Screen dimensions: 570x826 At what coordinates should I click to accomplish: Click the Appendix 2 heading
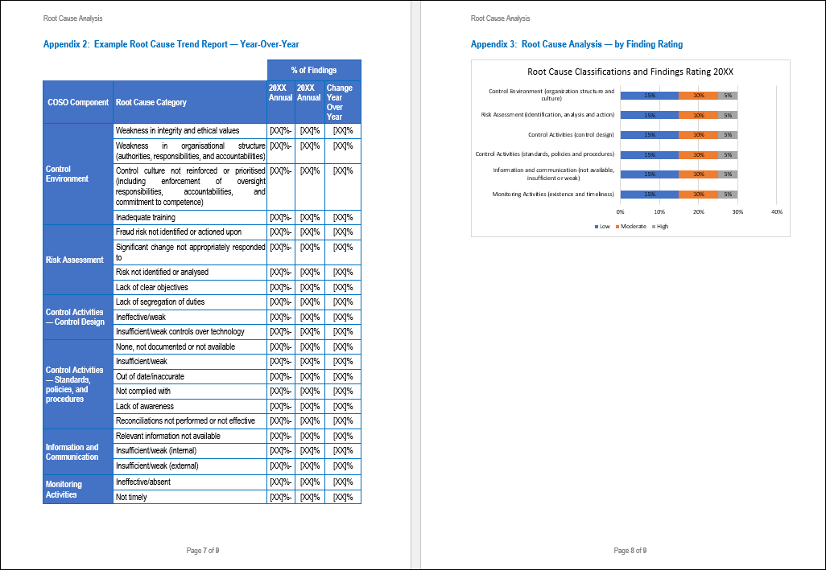click(176, 44)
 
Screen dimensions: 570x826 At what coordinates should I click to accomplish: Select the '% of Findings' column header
click(314, 70)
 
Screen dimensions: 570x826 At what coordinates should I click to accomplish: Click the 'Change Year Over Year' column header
click(339, 102)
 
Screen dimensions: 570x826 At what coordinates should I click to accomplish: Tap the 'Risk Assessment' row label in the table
click(75, 260)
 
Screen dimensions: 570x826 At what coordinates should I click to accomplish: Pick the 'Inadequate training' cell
click(146, 217)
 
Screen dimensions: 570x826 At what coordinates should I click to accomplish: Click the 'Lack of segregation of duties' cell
click(160, 301)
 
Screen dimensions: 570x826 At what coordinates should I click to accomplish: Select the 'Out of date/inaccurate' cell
click(151, 376)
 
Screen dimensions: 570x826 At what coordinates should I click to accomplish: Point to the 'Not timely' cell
click(132, 497)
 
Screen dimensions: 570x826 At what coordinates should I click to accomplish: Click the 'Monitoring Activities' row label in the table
click(64, 490)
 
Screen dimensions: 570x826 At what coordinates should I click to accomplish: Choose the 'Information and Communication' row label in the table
click(72, 452)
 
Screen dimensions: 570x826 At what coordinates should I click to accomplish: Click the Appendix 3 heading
click(576, 44)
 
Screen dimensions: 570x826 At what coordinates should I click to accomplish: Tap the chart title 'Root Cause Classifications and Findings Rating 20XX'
click(630, 72)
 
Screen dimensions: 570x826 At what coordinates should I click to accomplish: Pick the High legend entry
click(660, 226)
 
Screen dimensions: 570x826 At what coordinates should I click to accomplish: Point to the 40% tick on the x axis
click(777, 211)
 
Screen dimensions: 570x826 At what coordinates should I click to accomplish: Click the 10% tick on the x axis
click(659, 211)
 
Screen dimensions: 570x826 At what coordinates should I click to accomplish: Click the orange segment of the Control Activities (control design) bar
click(698, 135)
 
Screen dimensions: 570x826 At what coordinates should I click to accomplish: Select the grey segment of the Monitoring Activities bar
click(728, 194)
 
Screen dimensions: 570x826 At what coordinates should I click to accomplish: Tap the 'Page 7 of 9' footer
click(203, 551)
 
